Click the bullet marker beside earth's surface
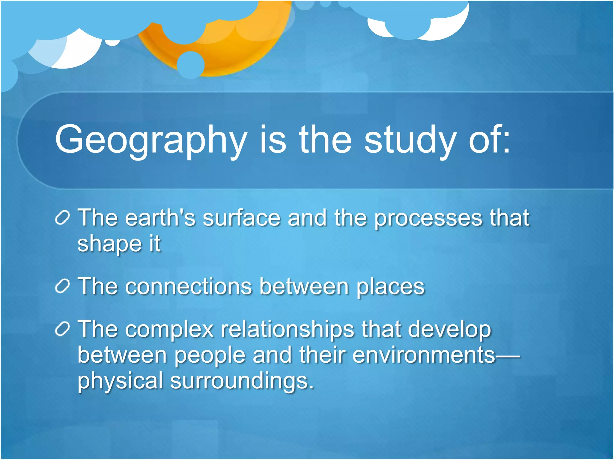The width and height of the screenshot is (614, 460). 63,218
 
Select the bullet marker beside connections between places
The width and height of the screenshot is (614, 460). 63,286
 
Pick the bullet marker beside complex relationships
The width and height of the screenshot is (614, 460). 63,329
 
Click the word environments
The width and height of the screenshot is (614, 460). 424,355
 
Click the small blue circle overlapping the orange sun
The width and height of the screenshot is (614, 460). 191,65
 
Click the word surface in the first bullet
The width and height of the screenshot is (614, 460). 242,218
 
